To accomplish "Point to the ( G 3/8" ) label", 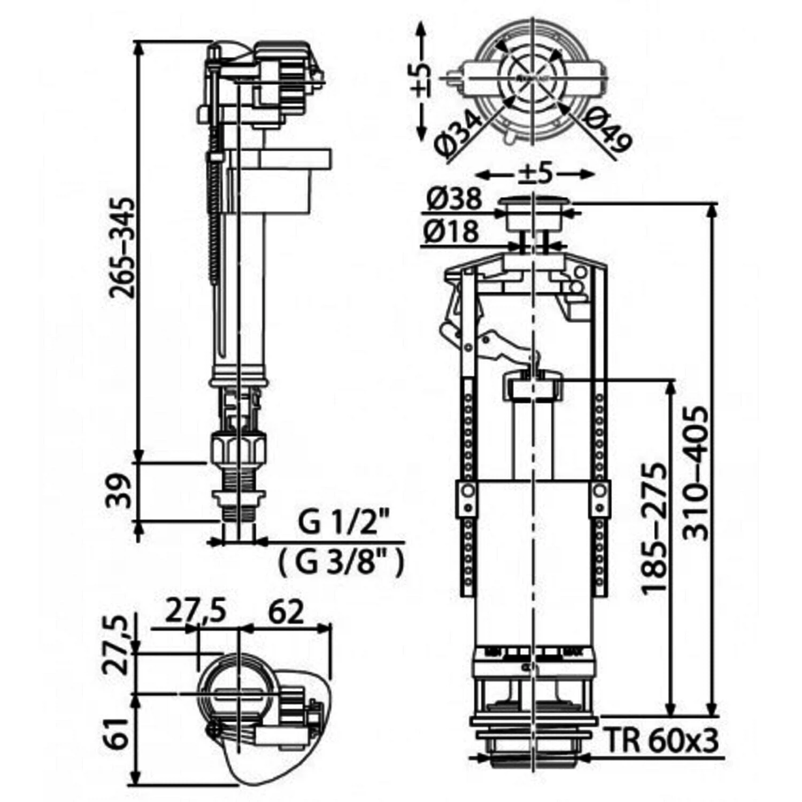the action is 342,562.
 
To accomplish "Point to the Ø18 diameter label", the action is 452,232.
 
